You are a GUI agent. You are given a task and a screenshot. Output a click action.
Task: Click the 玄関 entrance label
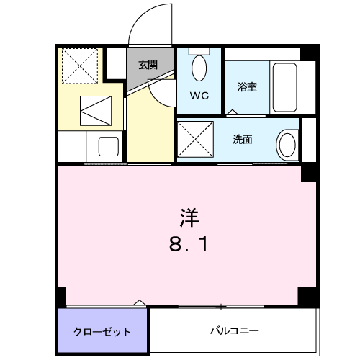147,65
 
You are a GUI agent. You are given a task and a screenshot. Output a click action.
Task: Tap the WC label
199,94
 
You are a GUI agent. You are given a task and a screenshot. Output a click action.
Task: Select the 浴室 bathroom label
248,87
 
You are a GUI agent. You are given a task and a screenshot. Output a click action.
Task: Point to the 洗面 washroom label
242,140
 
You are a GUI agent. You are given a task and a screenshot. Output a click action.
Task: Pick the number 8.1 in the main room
189,246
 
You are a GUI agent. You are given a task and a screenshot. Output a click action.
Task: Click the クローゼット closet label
102,332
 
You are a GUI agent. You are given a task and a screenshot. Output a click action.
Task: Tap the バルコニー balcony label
235,331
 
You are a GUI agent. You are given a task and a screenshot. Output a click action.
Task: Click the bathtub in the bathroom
284,87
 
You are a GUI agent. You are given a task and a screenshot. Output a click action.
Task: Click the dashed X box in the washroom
197,140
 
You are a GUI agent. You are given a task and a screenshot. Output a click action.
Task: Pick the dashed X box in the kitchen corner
79,66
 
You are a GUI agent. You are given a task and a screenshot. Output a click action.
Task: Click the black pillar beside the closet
61,296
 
